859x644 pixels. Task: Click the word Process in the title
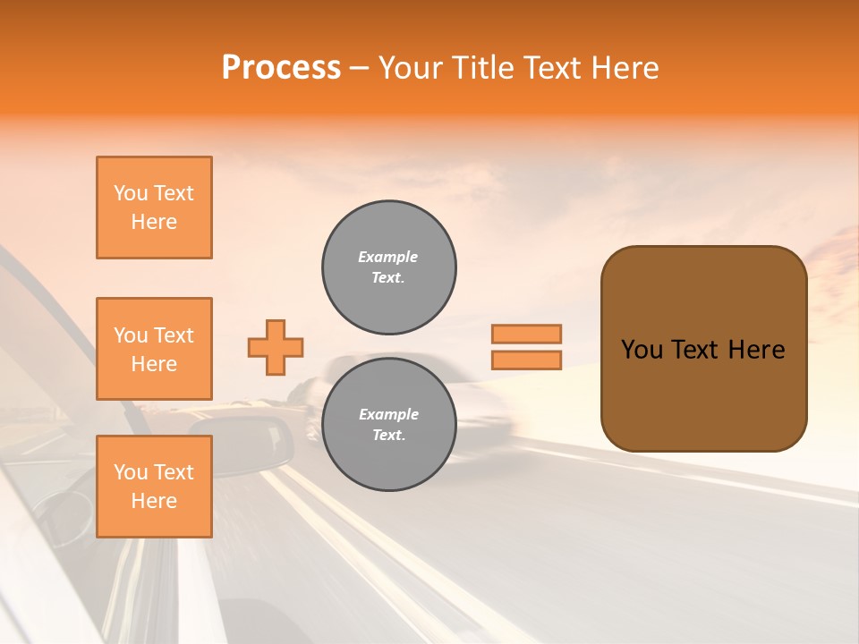(x=281, y=68)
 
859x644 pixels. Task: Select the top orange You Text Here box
(x=154, y=208)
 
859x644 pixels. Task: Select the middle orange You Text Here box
(x=154, y=349)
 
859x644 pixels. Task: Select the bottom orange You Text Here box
(x=154, y=487)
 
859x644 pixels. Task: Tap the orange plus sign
(x=276, y=347)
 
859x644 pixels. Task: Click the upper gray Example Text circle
(x=389, y=267)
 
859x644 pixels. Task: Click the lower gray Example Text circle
(x=389, y=425)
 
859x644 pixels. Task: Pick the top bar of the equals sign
(x=526, y=334)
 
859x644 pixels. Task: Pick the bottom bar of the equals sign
(x=526, y=360)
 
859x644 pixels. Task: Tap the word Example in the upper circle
(x=388, y=257)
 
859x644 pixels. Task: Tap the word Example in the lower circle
(x=388, y=414)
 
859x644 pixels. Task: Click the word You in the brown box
(x=642, y=350)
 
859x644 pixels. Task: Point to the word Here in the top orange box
(x=154, y=222)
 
